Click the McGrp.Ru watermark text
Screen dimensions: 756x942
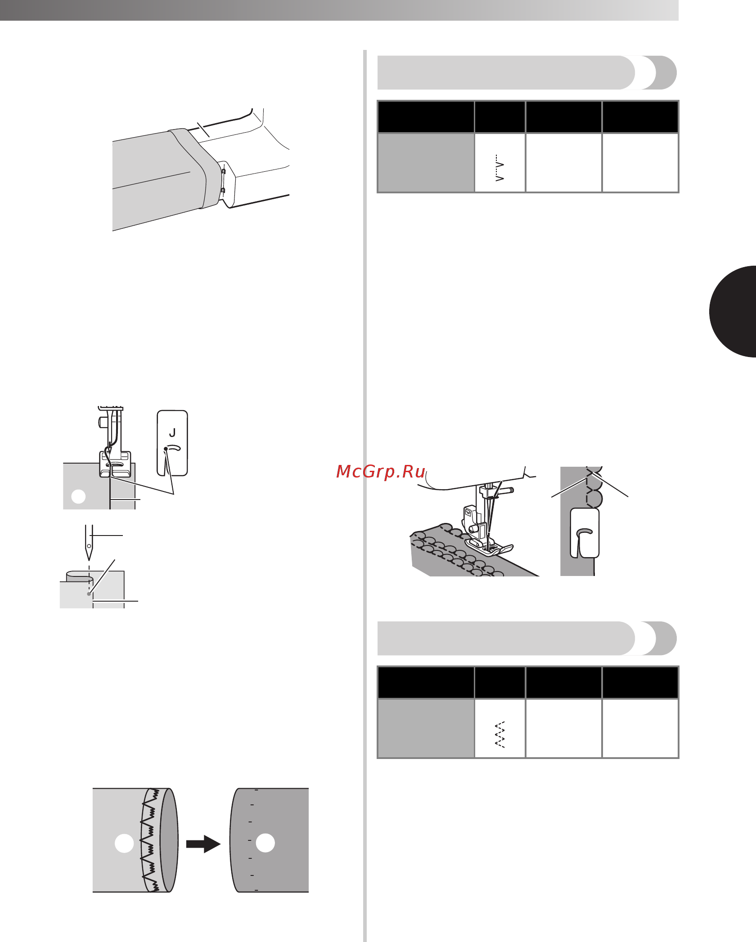[381, 471]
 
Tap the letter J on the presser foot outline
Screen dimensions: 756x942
[172, 433]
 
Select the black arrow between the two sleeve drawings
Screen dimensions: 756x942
[203, 844]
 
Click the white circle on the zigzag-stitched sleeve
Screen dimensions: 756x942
[124, 844]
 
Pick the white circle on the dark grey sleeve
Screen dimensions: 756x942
[265, 843]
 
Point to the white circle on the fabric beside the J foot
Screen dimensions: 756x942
[78, 496]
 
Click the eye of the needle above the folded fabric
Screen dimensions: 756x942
[89, 546]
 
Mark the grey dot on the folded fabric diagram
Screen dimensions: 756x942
[89, 594]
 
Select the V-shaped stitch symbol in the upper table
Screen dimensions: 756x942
[499, 168]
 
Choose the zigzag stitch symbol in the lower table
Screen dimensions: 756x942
[499, 734]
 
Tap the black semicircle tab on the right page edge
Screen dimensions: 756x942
[733, 312]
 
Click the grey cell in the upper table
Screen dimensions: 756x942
[426, 163]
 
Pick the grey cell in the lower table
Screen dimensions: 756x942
[426, 728]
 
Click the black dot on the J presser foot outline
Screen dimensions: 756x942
[166, 449]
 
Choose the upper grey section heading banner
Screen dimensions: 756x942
[526, 72]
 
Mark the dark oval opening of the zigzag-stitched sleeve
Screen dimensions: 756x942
[169, 840]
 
